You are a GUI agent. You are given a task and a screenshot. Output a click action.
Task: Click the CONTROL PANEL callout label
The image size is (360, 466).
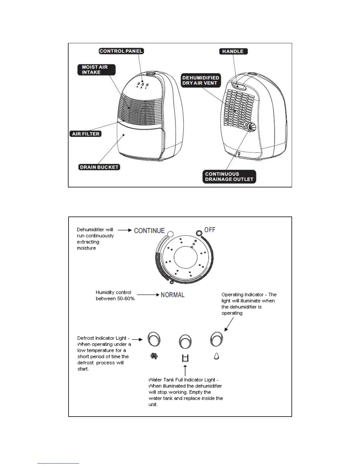pyautogui.click(x=121, y=51)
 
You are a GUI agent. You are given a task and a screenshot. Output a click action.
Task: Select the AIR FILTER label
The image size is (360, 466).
pyautogui.click(x=86, y=134)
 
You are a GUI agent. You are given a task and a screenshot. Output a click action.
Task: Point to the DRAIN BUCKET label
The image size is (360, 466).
pyautogui.click(x=99, y=167)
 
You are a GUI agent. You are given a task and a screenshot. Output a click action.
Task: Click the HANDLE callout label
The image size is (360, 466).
pyautogui.click(x=233, y=51)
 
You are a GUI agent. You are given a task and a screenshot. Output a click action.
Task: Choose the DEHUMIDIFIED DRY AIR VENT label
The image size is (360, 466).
pyautogui.click(x=201, y=80)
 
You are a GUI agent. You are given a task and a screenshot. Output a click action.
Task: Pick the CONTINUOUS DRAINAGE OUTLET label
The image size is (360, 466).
pyautogui.click(x=229, y=177)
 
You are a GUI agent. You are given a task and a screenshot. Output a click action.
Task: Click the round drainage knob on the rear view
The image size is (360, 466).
pyautogui.click(x=251, y=127)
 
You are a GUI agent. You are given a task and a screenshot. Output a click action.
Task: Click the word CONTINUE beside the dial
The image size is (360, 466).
pyautogui.click(x=149, y=230)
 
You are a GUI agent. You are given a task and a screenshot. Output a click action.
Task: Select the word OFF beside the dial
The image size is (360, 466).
pyautogui.click(x=210, y=229)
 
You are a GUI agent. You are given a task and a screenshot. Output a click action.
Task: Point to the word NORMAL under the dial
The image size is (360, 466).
pyautogui.click(x=173, y=295)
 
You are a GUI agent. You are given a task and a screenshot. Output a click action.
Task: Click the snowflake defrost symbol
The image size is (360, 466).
pyautogui.click(x=154, y=356)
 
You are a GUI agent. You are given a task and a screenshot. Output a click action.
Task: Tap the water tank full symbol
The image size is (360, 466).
pyautogui.click(x=185, y=358)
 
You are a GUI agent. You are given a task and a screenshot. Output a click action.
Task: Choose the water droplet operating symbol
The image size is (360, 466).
pyautogui.click(x=216, y=356)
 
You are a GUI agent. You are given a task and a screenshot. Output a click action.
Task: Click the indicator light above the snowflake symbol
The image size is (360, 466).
pyautogui.click(x=154, y=339)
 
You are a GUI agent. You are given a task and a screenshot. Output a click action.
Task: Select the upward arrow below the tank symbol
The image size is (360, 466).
pyautogui.click(x=185, y=370)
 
